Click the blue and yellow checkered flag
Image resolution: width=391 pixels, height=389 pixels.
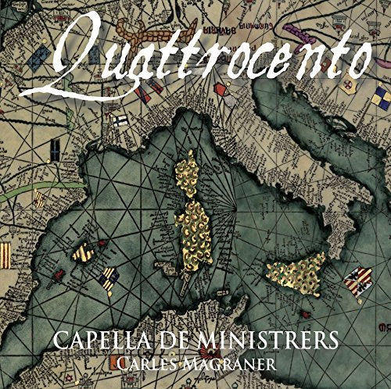382,97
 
